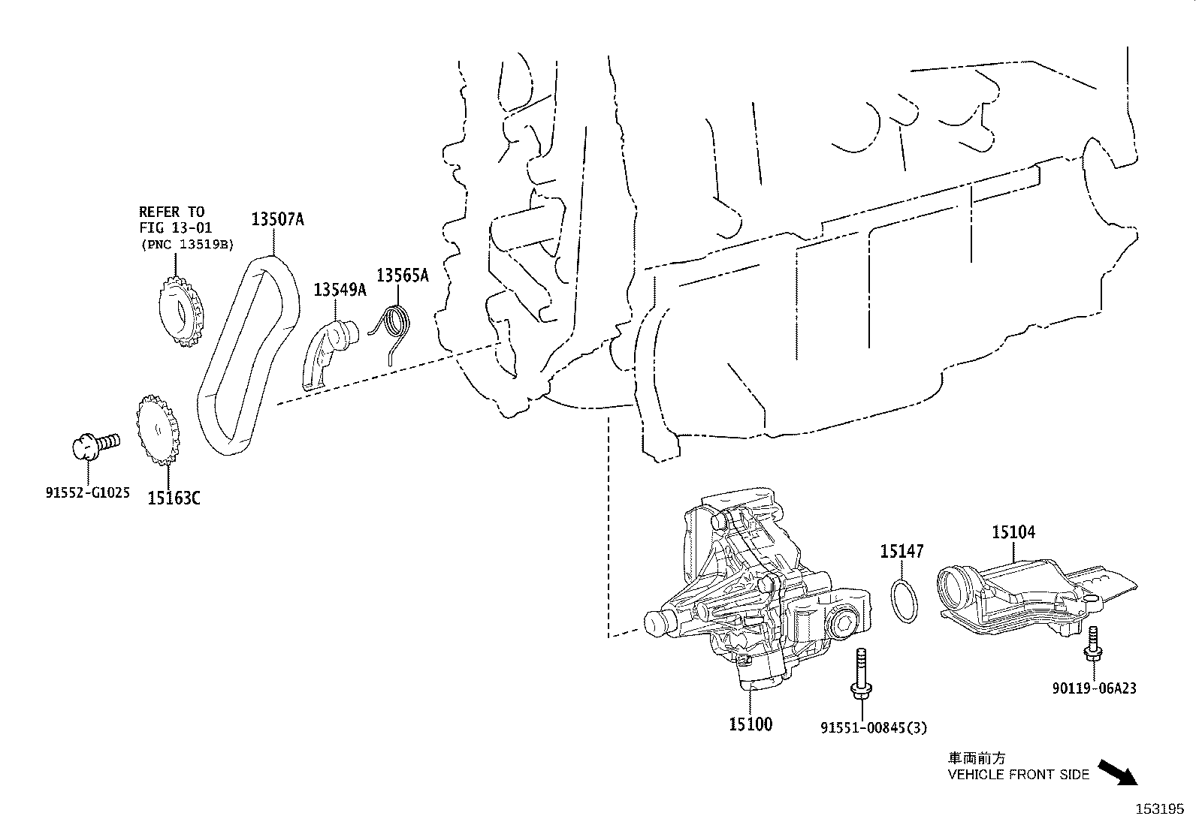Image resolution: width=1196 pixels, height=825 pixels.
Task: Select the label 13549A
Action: click(340, 290)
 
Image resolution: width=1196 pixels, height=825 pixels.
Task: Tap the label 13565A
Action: click(402, 276)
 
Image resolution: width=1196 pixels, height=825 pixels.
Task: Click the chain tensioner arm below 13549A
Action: click(328, 353)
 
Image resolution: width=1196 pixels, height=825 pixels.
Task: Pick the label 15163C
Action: click(174, 497)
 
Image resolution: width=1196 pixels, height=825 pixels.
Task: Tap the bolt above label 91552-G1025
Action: click(95, 445)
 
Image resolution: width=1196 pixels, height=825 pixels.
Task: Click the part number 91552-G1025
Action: click(86, 493)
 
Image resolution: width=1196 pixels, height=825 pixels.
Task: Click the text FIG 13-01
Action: click(175, 227)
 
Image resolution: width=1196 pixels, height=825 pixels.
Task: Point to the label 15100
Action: click(750, 724)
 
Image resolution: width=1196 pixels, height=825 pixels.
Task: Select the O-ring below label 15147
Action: click(905, 599)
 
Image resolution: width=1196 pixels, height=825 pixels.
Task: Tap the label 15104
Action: click(1013, 532)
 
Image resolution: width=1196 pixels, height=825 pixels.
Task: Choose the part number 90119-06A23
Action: click(1093, 688)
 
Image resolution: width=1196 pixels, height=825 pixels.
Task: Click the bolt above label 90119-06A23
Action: click(1091, 645)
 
